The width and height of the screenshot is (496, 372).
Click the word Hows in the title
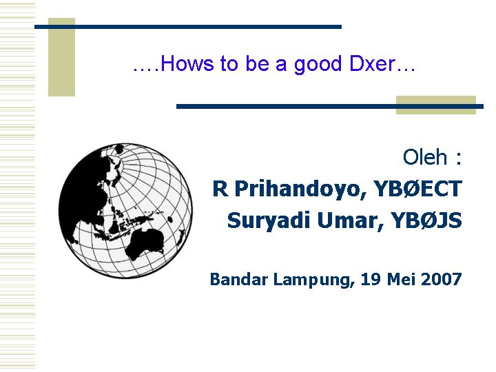187,63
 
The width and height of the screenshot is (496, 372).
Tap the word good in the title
318,65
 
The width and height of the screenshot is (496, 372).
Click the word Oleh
425,156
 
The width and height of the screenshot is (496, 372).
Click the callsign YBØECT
417,188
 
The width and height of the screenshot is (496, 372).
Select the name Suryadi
269,220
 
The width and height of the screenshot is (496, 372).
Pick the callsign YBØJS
426,220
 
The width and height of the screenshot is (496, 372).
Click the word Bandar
239,279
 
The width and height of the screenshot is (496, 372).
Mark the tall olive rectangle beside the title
62,57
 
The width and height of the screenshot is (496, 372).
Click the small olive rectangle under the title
436,105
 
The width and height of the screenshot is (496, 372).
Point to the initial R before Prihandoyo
220,188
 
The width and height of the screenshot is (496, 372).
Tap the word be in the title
257,63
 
